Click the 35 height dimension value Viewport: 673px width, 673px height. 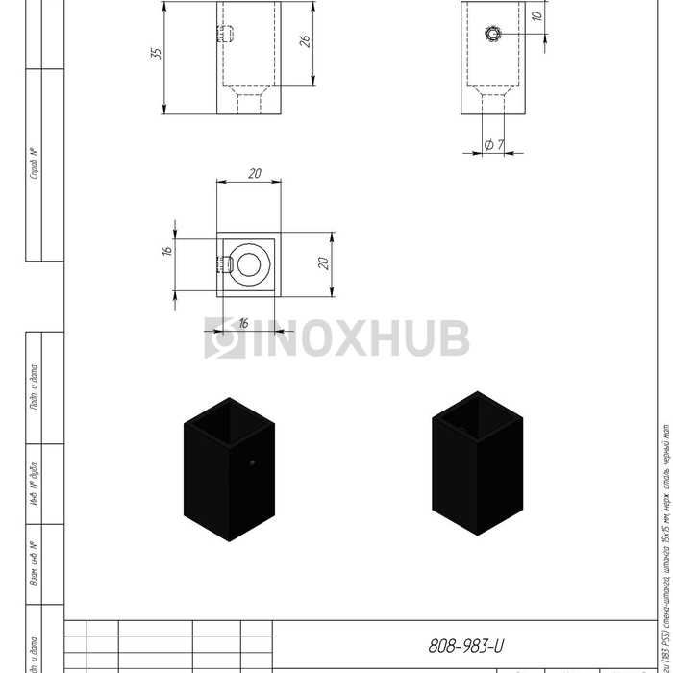[156, 54]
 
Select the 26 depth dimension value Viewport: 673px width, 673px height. [305, 41]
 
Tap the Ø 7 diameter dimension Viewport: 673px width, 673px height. [496, 144]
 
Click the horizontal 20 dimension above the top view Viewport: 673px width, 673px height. [255, 174]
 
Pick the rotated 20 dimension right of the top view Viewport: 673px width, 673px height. [324, 262]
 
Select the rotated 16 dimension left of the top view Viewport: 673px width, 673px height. [166, 250]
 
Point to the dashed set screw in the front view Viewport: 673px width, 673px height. [226, 36]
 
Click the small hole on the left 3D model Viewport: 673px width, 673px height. [279, 463]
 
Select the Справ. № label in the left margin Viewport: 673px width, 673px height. [34, 163]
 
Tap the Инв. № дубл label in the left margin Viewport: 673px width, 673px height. [34, 490]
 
